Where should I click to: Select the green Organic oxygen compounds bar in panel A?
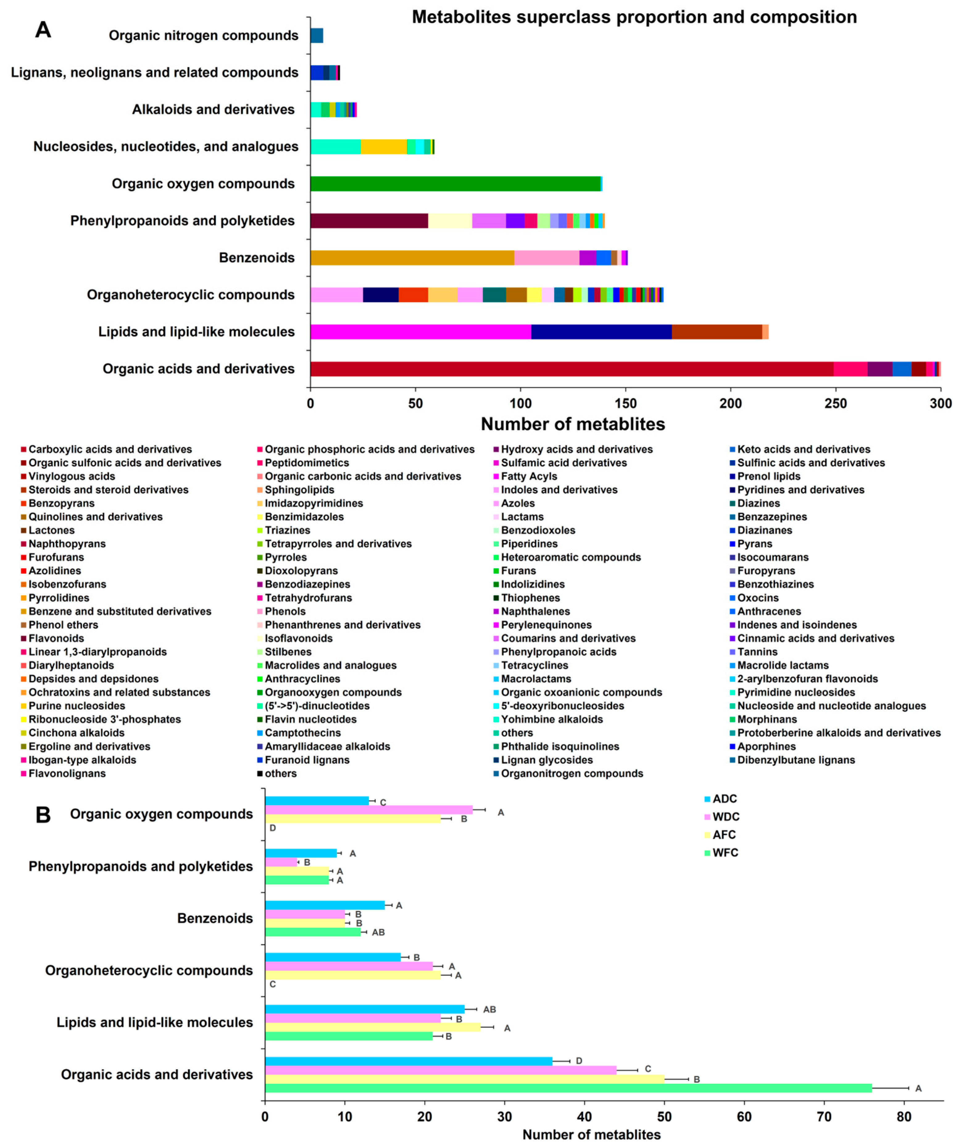pos(455,184)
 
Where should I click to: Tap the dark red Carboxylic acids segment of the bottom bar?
pos(571,369)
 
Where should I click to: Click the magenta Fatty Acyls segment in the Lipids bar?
pos(421,332)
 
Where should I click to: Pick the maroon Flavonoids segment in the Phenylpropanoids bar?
pos(369,221)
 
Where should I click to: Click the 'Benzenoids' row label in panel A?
pos(257,258)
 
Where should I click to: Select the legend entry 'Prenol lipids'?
pos(768,476)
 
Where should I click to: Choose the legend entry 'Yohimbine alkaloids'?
pos(552,719)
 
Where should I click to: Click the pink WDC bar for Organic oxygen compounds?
pos(369,809)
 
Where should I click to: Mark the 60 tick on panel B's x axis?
pos(744,1116)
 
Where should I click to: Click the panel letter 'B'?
pos(43,815)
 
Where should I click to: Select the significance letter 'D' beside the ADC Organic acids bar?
pos(579,1061)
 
